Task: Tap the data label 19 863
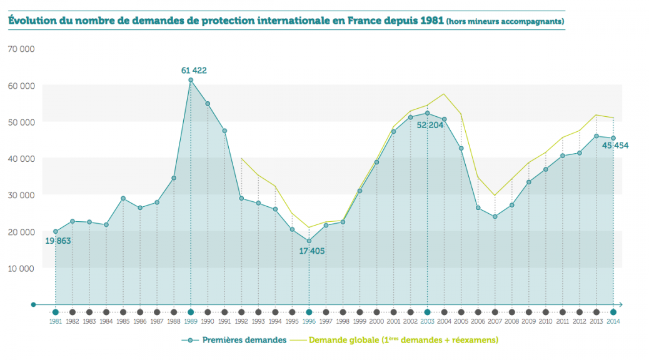58,241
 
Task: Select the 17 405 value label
311,251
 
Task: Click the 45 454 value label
615,146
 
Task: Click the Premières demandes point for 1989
191,80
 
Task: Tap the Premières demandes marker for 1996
309,241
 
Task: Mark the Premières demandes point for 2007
495,217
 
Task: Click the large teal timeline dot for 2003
427,312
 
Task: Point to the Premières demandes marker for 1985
123,198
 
